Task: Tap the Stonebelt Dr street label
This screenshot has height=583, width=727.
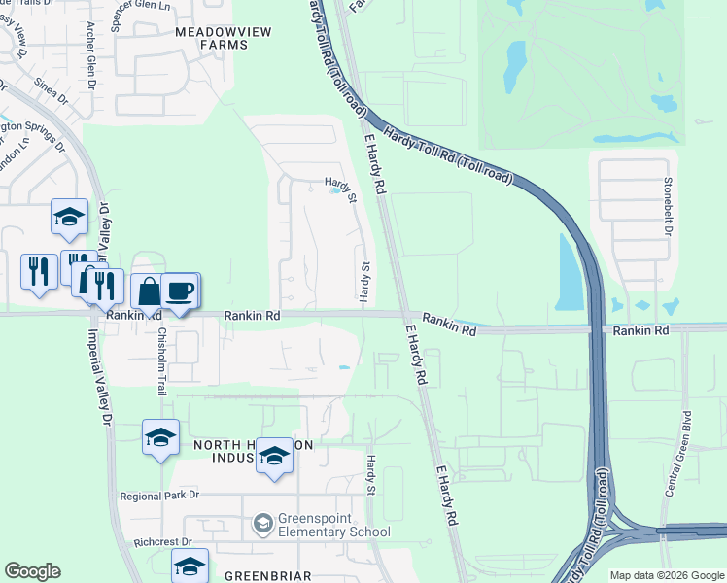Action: click(668, 205)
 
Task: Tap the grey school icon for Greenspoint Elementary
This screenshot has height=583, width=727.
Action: click(261, 525)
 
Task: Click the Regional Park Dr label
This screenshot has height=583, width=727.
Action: click(159, 495)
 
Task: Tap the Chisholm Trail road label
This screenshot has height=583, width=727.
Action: click(162, 357)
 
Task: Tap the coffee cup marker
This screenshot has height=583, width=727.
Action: click(179, 291)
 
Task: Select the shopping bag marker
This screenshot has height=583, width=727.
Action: click(149, 291)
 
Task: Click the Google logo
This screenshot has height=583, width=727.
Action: click(32, 571)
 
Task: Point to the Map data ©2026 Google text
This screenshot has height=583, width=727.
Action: click(666, 575)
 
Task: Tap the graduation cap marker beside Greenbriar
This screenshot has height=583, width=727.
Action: click(190, 566)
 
